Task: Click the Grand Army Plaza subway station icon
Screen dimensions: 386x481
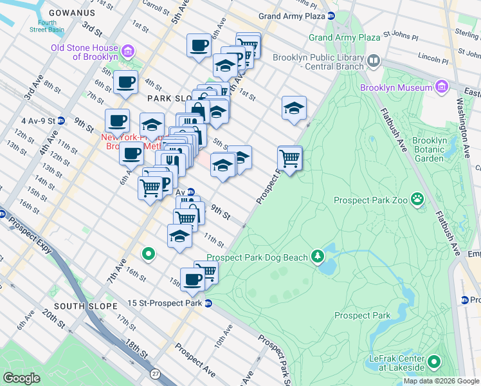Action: (x=330, y=15)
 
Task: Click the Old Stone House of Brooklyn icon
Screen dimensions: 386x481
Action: (x=127, y=51)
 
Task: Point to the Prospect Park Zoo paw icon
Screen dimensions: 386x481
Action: (x=418, y=199)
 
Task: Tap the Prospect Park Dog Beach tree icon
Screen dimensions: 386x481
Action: (x=317, y=257)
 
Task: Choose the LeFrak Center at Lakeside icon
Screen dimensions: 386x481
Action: (x=433, y=362)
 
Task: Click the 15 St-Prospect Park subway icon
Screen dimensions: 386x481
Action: (x=208, y=304)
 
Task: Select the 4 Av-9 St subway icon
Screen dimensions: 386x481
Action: (x=61, y=120)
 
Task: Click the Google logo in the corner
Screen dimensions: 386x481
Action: (x=22, y=378)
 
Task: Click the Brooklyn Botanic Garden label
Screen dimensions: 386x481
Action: (x=429, y=149)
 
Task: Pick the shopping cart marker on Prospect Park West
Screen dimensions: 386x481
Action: (x=290, y=156)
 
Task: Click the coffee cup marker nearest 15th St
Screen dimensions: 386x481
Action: (x=192, y=279)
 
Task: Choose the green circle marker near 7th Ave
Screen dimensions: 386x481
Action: (x=149, y=255)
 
